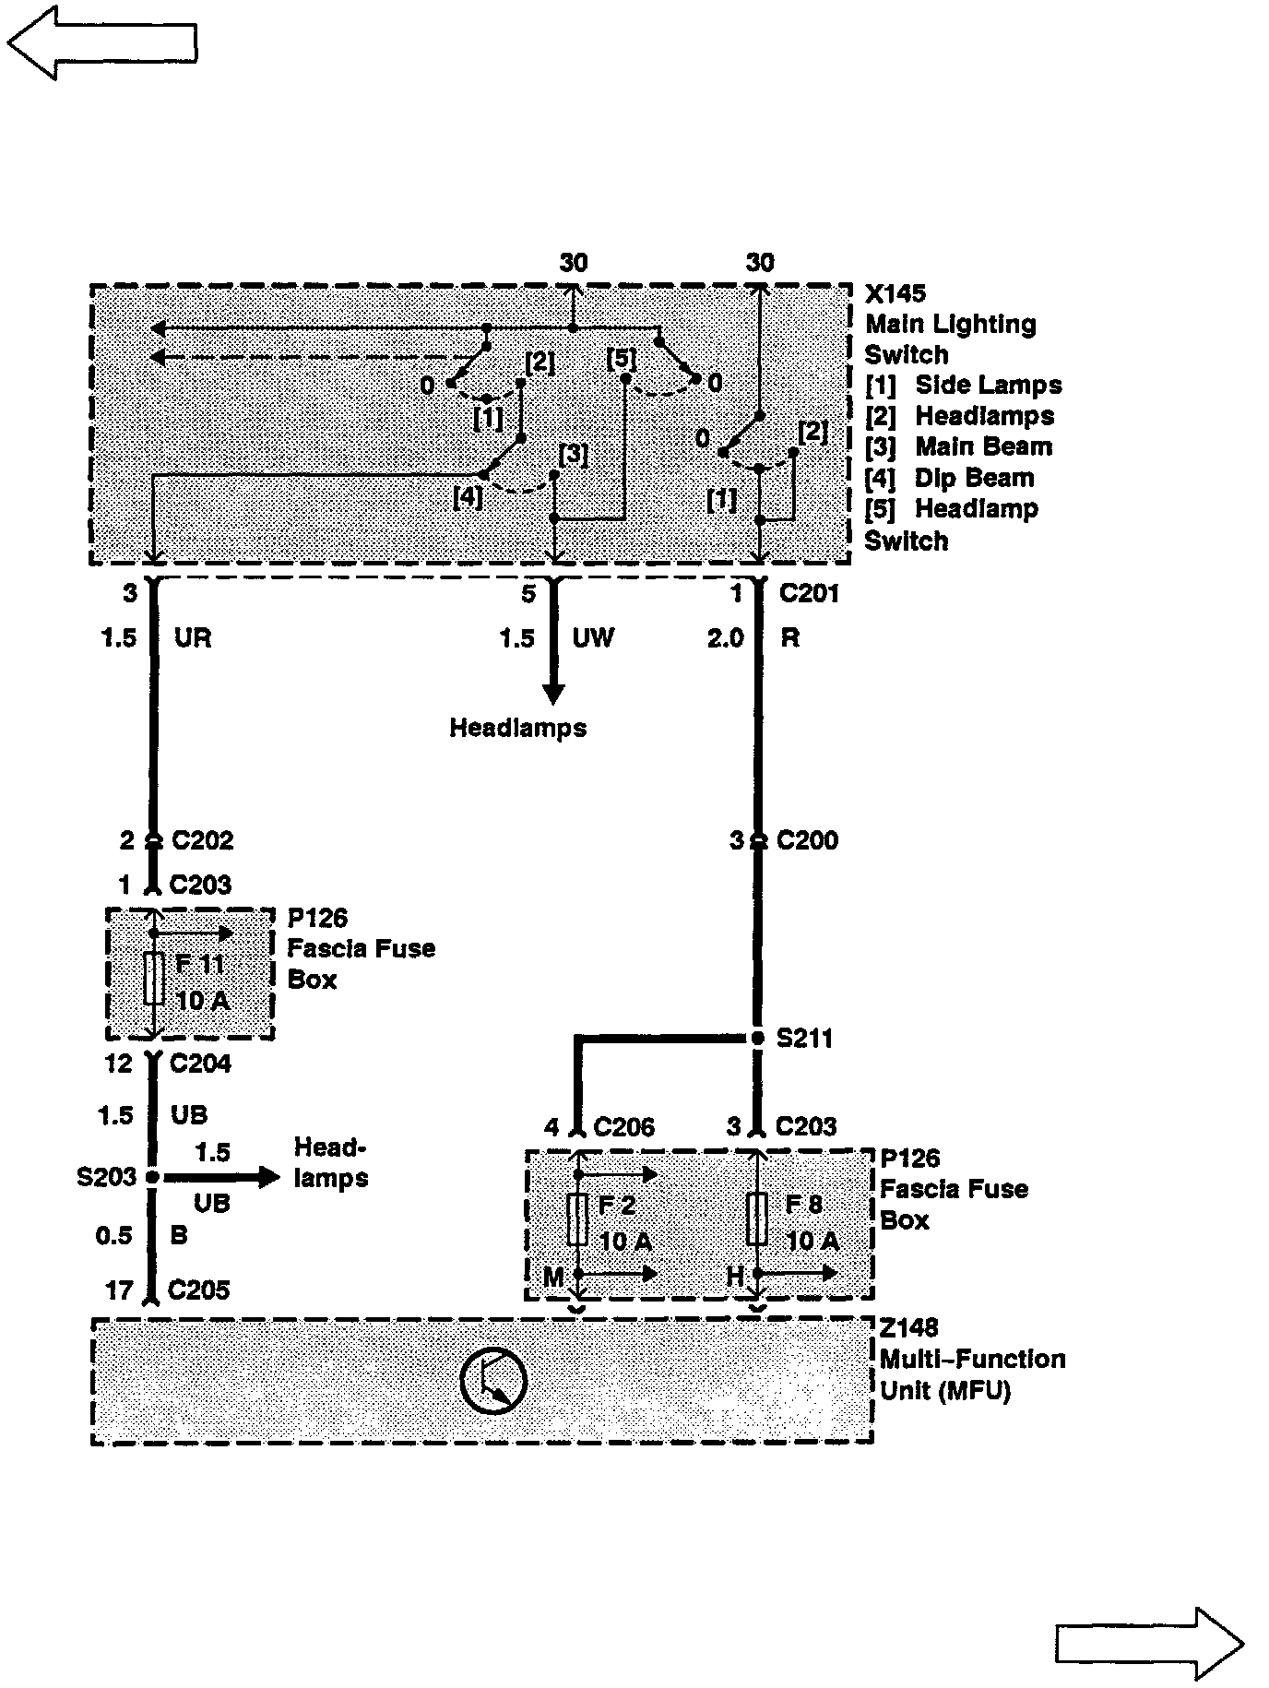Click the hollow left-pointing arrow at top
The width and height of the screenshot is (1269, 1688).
click(x=101, y=42)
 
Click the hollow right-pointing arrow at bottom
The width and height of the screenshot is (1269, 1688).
click(x=1149, y=1643)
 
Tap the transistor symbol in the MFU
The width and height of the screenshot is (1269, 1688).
click(x=493, y=1381)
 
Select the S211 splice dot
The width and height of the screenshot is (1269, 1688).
click(x=758, y=1039)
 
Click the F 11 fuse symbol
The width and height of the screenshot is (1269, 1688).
click(x=155, y=980)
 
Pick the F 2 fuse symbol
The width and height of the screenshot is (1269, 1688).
click(x=578, y=1219)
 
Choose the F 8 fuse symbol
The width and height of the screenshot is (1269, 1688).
click(x=757, y=1219)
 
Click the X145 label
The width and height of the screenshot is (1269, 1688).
click(x=895, y=293)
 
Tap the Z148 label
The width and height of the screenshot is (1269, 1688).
click(x=908, y=1327)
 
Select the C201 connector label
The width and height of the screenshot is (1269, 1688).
click(x=809, y=593)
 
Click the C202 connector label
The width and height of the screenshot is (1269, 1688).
click(x=202, y=840)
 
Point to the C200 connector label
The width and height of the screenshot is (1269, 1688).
click(x=807, y=840)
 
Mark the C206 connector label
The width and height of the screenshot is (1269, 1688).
click(x=623, y=1126)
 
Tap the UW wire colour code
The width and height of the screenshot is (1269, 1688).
click(x=593, y=637)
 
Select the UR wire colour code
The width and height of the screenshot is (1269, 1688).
click(x=193, y=637)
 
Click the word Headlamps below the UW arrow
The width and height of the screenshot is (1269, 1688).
click(x=517, y=728)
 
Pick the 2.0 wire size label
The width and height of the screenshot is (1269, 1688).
click(x=725, y=637)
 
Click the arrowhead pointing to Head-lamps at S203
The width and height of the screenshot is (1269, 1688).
click(x=268, y=1177)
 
